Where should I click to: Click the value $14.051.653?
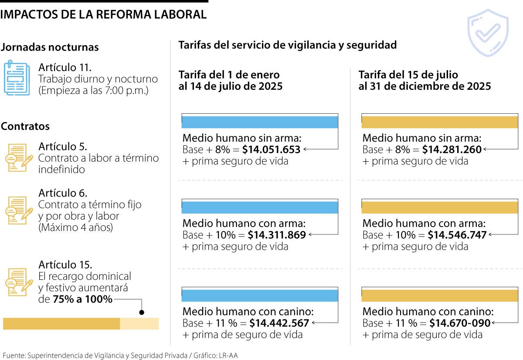coord(271,150)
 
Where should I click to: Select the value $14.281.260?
coord(452,150)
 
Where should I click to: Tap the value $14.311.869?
coord(277,235)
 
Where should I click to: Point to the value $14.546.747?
coord(457,235)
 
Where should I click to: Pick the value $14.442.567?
coord(279,323)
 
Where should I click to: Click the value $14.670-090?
coord(460,323)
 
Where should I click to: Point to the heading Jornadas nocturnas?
coord(50,47)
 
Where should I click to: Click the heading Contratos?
coord(25,126)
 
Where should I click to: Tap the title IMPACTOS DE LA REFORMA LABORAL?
coord(103,14)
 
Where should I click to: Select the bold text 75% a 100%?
coord(82,299)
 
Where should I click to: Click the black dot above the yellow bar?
coord(141,312)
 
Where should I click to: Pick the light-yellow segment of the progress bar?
coord(139,324)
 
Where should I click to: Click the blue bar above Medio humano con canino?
coord(260,295)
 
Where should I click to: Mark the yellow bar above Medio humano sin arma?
coord(439,122)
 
